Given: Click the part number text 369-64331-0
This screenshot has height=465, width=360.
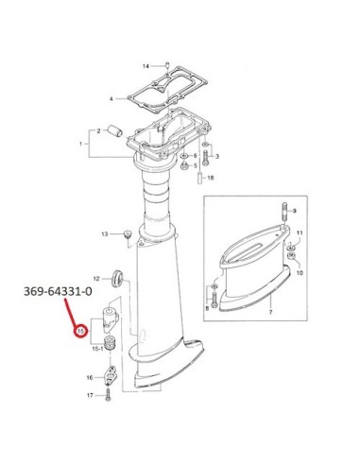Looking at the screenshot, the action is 58,291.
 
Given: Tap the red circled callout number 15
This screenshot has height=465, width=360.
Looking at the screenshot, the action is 80,331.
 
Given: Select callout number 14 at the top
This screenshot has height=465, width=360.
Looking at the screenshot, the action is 146,66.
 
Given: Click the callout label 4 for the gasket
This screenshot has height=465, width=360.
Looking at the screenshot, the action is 111,99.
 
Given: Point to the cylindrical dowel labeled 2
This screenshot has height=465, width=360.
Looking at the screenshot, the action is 115,131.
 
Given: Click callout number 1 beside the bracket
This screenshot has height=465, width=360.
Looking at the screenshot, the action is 80,144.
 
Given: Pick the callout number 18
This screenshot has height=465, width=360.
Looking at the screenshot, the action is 211,178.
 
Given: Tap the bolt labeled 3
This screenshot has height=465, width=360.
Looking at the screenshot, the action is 206,158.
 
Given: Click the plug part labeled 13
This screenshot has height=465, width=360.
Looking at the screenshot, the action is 128,234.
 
